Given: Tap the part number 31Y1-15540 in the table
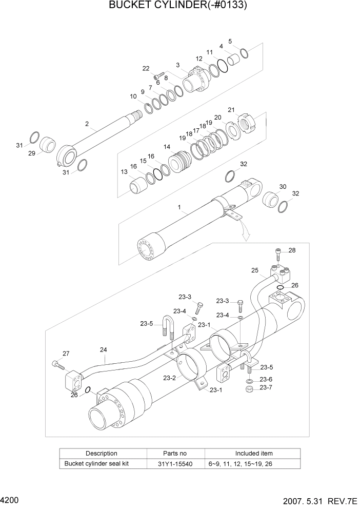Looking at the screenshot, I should (x=175, y=464).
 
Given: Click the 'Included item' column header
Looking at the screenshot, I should (x=254, y=454).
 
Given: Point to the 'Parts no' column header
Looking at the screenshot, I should (x=175, y=454).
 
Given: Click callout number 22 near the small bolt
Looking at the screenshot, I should (x=146, y=68).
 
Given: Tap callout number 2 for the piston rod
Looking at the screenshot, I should (x=87, y=124).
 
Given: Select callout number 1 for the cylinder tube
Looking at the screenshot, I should (x=179, y=208).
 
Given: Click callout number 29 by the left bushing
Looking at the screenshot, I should (x=32, y=153).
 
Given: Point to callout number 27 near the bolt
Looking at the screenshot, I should (x=66, y=353).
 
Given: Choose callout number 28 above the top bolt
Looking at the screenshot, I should (x=292, y=250).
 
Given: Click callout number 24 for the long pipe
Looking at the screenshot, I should (x=103, y=350).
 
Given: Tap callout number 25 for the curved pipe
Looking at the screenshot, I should (x=254, y=270).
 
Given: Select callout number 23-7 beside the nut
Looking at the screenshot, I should (x=266, y=388).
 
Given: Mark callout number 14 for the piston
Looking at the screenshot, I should (x=167, y=147).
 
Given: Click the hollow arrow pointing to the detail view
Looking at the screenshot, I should (x=246, y=234).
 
